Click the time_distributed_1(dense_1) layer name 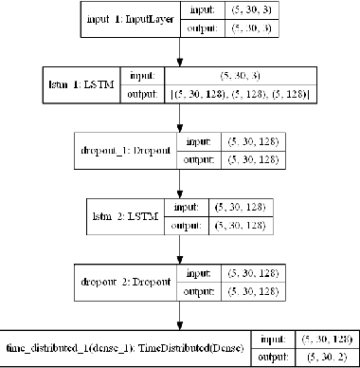click(x=126, y=348)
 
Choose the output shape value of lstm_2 click(x=244, y=224)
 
